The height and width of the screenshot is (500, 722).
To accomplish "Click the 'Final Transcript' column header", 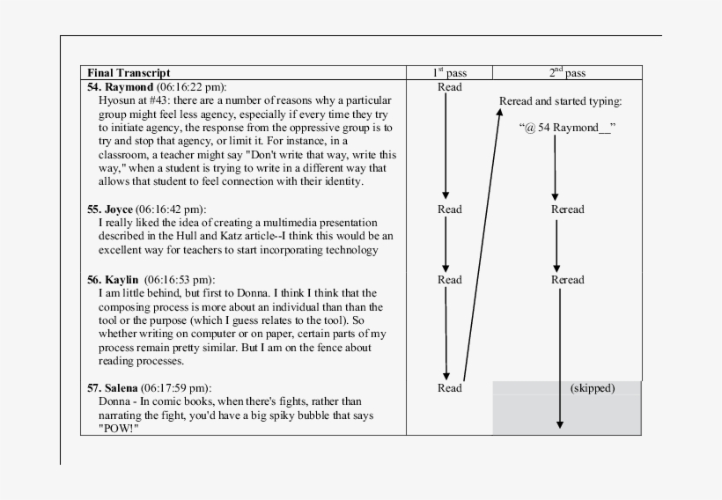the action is [x=129, y=73].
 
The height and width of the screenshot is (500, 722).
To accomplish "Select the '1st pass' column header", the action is [x=449, y=73].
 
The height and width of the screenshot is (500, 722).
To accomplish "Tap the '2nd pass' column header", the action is [x=565, y=73].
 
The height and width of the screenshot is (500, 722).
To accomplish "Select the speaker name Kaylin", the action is [x=123, y=280].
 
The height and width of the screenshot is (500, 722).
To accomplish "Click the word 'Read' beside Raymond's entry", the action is [x=449, y=87].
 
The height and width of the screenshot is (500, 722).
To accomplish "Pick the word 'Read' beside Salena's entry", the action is [x=449, y=387].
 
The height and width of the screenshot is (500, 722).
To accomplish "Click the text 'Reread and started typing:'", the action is [x=560, y=101].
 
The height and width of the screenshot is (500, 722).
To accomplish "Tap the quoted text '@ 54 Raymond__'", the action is [x=567, y=128].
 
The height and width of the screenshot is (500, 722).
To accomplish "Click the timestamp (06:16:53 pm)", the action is [x=180, y=280].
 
